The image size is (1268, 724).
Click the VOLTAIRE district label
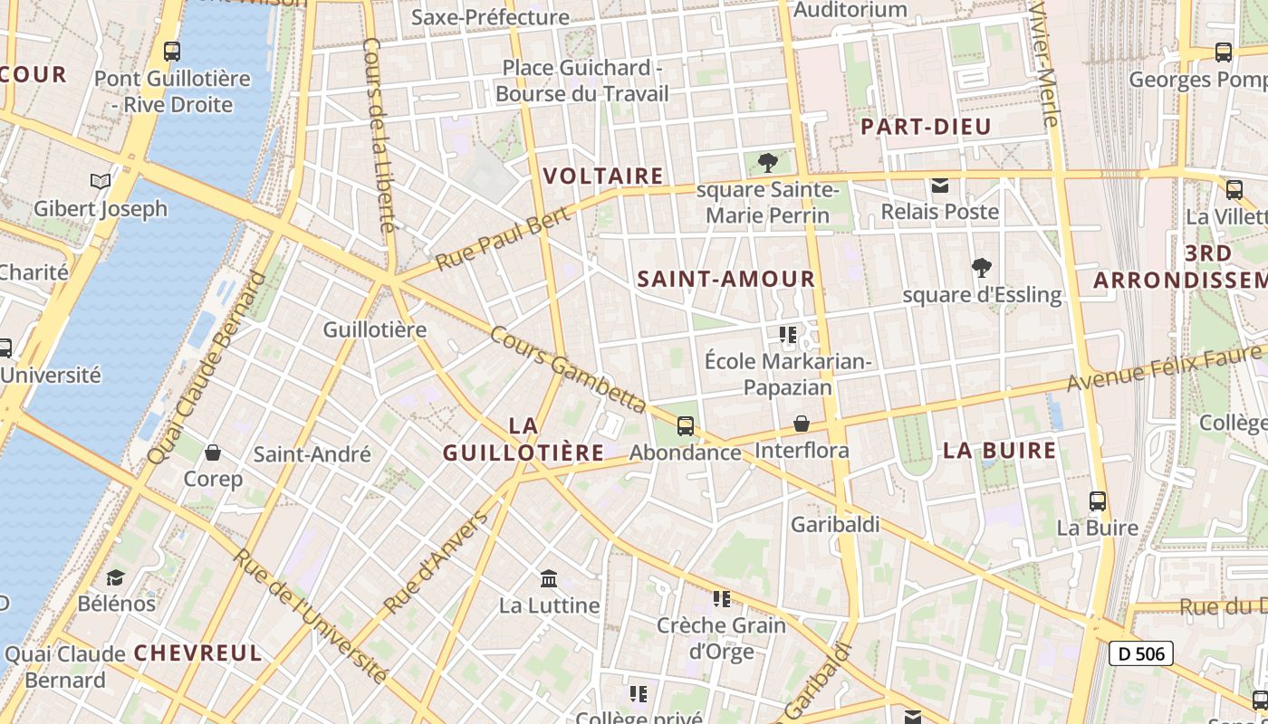[x=603, y=176]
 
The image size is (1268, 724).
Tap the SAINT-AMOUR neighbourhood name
[x=726, y=279]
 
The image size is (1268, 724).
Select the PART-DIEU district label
[x=926, y=127]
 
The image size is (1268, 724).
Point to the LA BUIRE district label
[x=1000, y=451]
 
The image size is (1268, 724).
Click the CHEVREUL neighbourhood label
[x=197, y=653]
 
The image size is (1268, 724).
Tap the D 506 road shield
[x=1140, y=653]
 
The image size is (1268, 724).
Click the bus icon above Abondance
[x=686, y=425]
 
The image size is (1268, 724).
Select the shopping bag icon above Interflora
[x=802, y=424]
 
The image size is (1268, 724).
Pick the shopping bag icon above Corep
[x=213, y=452]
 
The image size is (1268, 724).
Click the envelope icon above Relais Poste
[x=940, y=186]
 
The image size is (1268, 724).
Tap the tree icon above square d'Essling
[x=981, y=268]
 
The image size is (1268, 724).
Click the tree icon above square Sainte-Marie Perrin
[x=767, y=163]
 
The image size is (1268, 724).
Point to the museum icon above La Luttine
[x=549, y=578]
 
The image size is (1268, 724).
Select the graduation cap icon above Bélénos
[x=116, y=576]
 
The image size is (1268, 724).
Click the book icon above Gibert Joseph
[x=101, y=182]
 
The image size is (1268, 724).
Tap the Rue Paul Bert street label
[x=503, y=238]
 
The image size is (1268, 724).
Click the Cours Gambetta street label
[x=568, y=370]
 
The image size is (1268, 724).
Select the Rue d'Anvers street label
[x=436, y=563]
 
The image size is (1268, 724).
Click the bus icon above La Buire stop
[x=1098, y=500]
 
